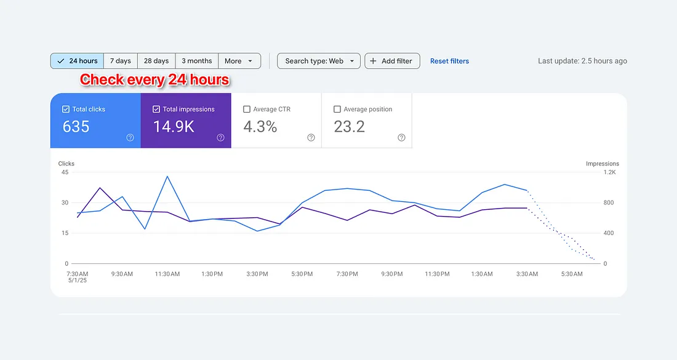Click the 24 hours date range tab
[x=77, y=61]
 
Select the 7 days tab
[x=120, y=61]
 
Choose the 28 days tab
[x=156, y=61]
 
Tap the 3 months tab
[x=196, y=61]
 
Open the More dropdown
[x=239, y=61]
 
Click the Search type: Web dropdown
[x=319, y=61]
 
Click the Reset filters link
[x=449, y=61]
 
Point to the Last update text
[x=582, y=61]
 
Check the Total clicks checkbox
[x=66, y=110]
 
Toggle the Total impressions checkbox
[x=156, y=110]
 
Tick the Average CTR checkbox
[x=247, y=110]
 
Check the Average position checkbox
[x=337, y=110]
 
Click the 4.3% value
[x=260, y=127]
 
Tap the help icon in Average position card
[x=401, y=138]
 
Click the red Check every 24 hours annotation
[x=154, y=80]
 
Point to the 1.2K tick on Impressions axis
[x=609, y=172]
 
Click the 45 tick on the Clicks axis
[x=65, y=172]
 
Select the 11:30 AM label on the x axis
[x=167, y=274]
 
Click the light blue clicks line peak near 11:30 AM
[x=167, y=177]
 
